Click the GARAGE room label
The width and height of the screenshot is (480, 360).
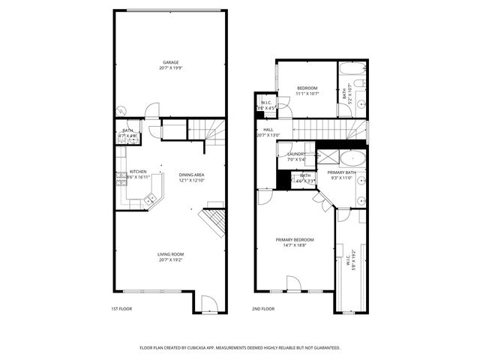click(171, 62)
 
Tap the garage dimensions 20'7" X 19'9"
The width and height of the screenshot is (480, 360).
click(171, 68)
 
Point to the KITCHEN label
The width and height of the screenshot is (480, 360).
click(137, 171)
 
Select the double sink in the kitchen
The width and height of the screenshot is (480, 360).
click(151, 199)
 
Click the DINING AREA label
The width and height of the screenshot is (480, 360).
click(191, 175)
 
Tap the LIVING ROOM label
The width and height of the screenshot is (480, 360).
click(171, 254)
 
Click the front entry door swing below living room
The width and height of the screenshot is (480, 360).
click(209, 304)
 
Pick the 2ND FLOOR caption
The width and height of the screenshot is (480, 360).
click(262, 308)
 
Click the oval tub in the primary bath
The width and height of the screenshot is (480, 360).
click(351, 158)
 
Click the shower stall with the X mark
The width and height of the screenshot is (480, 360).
click(327, 157)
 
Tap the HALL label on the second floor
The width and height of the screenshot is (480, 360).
click(268, 130)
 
